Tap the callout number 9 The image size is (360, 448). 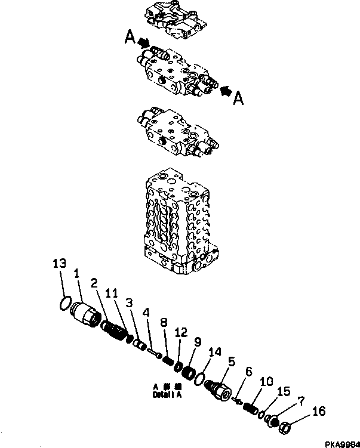(x=196, y=342)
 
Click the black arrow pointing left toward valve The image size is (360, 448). (x=226, y=90)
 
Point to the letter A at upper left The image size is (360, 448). (x=130, y=38)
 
